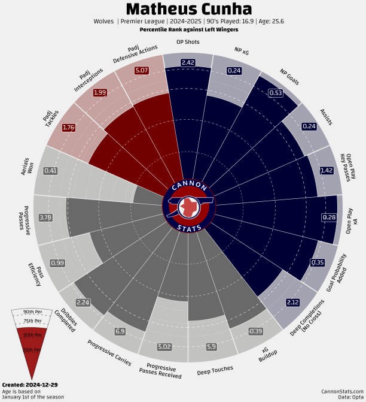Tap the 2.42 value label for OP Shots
(188, 62)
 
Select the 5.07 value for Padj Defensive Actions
(142, 71)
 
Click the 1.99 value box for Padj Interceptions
(100, 92)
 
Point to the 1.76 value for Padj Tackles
(69, 127)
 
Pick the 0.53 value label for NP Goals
(276, 93)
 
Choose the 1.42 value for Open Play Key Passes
(327, 170)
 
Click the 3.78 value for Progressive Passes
(45, 217)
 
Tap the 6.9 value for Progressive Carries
(120, 331)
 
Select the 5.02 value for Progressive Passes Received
(164, 346)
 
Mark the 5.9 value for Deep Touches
(211, 346)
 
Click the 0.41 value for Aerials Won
(51, 171)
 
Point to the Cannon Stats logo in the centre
(188, 206)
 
